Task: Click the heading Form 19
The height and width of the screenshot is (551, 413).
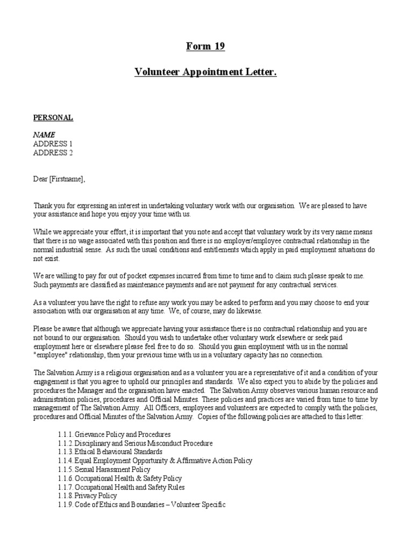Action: [205, 46]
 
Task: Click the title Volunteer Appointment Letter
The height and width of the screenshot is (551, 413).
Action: [205, 72]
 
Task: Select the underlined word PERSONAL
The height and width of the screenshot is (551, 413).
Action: [53, 117]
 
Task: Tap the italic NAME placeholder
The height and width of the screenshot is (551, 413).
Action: [44, 135]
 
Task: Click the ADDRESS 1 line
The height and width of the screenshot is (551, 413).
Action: [53, 144]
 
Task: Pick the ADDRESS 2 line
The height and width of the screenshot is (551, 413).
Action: [53, 152]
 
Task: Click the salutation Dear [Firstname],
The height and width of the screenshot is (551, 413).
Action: [60, 179]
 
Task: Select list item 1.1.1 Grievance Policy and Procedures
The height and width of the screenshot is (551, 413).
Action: [114, 434]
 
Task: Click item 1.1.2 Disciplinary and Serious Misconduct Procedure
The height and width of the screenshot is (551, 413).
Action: [135, 443]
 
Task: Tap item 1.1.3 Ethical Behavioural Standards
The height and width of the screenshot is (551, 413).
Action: [110, 451]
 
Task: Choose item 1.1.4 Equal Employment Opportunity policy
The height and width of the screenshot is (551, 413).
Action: [154, 461]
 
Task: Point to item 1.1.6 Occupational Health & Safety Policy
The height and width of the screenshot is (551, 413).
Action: [119, 478]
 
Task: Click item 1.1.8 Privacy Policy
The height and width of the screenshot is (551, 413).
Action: [87, 496]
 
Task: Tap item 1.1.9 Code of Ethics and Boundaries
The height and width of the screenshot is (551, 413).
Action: [141, 505]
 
